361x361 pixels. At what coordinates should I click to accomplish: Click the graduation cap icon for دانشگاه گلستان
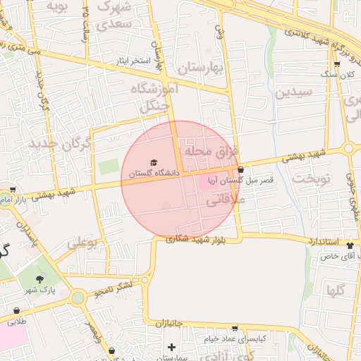(154, 163)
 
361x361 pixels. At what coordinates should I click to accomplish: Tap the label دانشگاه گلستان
(154, 173)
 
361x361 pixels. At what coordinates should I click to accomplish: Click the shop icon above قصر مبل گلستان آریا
(241, 170)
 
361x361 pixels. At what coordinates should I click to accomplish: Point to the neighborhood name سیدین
(293, 92)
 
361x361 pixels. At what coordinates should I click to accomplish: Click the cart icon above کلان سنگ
(336, 65)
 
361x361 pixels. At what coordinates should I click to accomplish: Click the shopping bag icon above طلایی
(16, 310)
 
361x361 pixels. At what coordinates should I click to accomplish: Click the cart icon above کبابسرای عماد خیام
(235, 329)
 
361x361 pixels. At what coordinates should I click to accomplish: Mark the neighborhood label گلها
(335, 289)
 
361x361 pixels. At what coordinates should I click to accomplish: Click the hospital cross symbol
(171, 346)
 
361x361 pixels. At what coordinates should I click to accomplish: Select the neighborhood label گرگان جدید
(61, 145)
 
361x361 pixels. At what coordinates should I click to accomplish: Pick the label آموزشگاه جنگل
(154, 98)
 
